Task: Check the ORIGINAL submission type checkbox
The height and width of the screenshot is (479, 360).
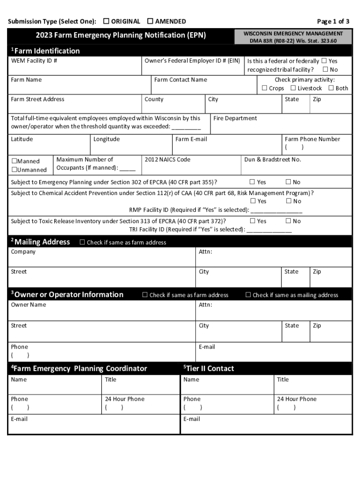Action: coord(107,21)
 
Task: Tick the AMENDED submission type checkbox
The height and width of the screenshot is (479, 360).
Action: coord(150,21)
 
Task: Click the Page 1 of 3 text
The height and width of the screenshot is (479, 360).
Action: coord(333,21)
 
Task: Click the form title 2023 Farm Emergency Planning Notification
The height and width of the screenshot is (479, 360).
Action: coord(121,35)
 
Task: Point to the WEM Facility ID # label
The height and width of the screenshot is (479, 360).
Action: coord(34,61)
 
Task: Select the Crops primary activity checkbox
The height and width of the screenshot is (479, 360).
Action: coord(265,88)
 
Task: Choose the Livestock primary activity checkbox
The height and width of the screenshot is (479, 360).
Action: coord(293,88)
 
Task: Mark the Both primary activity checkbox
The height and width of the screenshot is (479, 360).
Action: coord(331,88)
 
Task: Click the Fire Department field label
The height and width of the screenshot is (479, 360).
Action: coord(235,118)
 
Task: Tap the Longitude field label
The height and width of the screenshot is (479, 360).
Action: coord(107,139)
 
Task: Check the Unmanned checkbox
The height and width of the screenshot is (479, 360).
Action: coord(14,170)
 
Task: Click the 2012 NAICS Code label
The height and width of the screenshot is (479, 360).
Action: coord(167,160)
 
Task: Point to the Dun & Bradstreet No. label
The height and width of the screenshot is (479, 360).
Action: coord(273,160)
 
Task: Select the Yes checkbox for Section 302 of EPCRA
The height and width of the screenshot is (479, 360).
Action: coord(252,182)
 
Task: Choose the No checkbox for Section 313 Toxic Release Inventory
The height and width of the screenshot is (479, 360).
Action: coord(288,221)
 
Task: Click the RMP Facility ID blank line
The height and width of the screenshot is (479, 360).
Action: coord(276,210)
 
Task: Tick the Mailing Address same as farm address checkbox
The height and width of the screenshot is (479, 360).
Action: coord(82,242)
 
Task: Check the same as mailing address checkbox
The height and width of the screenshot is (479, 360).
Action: coord(248,295)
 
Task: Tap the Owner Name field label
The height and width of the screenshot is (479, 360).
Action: coord(29,305)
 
